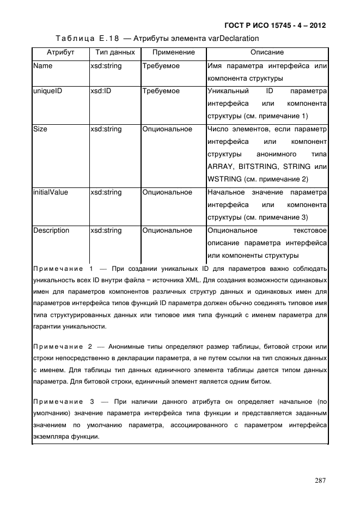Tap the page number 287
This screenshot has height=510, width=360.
320,480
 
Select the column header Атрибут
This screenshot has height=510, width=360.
60,52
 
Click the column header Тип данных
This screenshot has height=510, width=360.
115,52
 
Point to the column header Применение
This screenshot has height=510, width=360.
173,52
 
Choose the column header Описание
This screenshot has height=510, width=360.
267,52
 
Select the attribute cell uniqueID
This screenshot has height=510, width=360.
47,91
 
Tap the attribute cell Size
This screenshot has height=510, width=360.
40,129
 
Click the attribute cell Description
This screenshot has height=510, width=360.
51,230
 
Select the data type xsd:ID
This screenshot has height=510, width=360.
101,91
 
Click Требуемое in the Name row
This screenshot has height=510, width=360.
161,66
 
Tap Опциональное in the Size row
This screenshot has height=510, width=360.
167,129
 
